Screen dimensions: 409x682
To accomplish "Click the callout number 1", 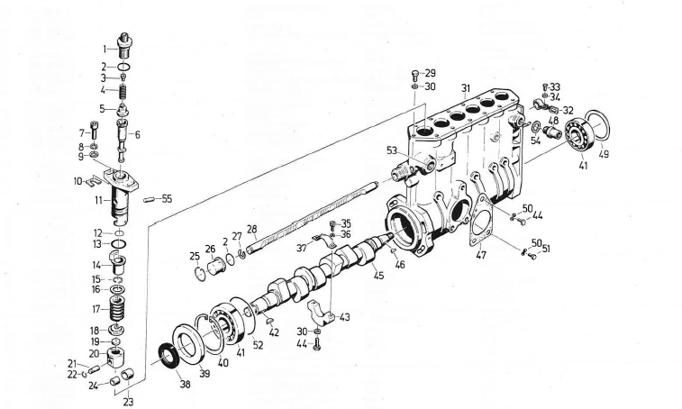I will point(105,48).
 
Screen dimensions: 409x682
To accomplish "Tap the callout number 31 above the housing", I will point(466,87).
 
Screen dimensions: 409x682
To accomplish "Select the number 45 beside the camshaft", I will point(378,276).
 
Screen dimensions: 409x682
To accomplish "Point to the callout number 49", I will point(603,154).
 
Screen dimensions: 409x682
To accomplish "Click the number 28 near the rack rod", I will point(252,229).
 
